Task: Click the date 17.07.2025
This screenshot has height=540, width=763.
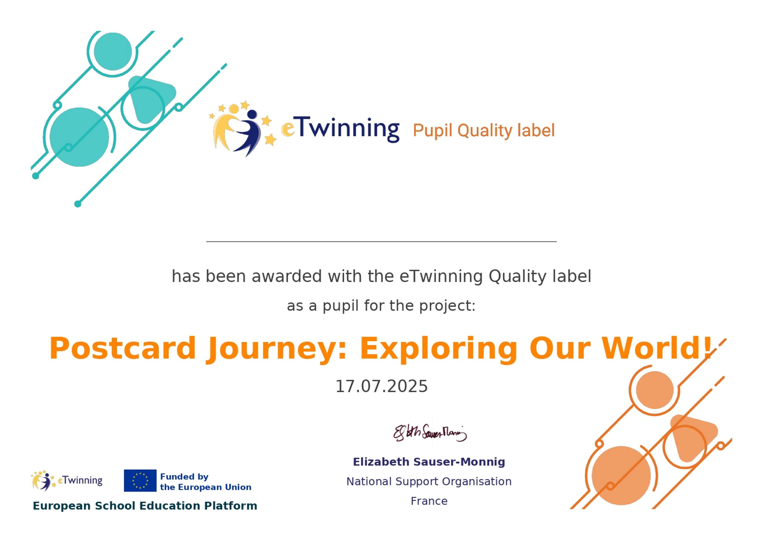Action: tap(381, 386)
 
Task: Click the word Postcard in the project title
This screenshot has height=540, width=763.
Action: tap(122, 348)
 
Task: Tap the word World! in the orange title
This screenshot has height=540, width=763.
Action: tap(657, 348)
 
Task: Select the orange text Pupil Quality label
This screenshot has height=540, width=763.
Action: tap(484, 131)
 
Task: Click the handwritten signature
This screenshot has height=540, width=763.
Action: tap(430, 433)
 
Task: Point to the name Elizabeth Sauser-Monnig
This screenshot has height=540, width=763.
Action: tap(429, 462)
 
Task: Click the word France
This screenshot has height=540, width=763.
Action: tap(429, 501)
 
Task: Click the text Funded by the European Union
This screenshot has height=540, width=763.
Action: tap(206, 482)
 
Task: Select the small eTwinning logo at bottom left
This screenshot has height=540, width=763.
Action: tap(67, 480)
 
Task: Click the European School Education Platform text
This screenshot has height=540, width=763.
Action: tap(145, 506)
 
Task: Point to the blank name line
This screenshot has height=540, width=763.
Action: tap(381, 242)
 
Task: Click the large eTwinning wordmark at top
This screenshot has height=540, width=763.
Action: tap(340, 129)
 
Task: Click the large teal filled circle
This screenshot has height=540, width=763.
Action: tap(79, 137)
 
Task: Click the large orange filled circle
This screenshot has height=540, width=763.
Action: tap(621, 476)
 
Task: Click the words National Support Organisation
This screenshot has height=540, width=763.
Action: tap(429, 482)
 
